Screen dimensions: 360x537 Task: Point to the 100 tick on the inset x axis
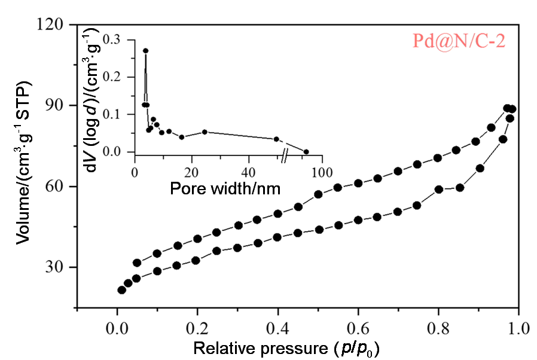coord(322,172)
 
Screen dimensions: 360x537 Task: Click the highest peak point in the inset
coord(145,51)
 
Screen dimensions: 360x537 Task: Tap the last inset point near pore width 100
coord(306,151)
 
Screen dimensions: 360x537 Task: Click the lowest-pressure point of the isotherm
coord(121,290)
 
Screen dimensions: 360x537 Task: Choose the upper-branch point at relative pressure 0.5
coord(318,194)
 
